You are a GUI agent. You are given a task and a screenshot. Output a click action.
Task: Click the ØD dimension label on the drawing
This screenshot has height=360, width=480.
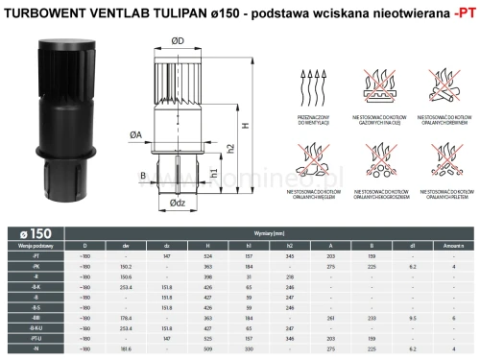tap(178, 41)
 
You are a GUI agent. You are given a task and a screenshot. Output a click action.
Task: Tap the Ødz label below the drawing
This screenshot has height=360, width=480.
tap(178, 203)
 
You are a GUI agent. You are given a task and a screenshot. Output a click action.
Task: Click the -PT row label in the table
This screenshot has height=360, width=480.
tap(36, 256)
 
